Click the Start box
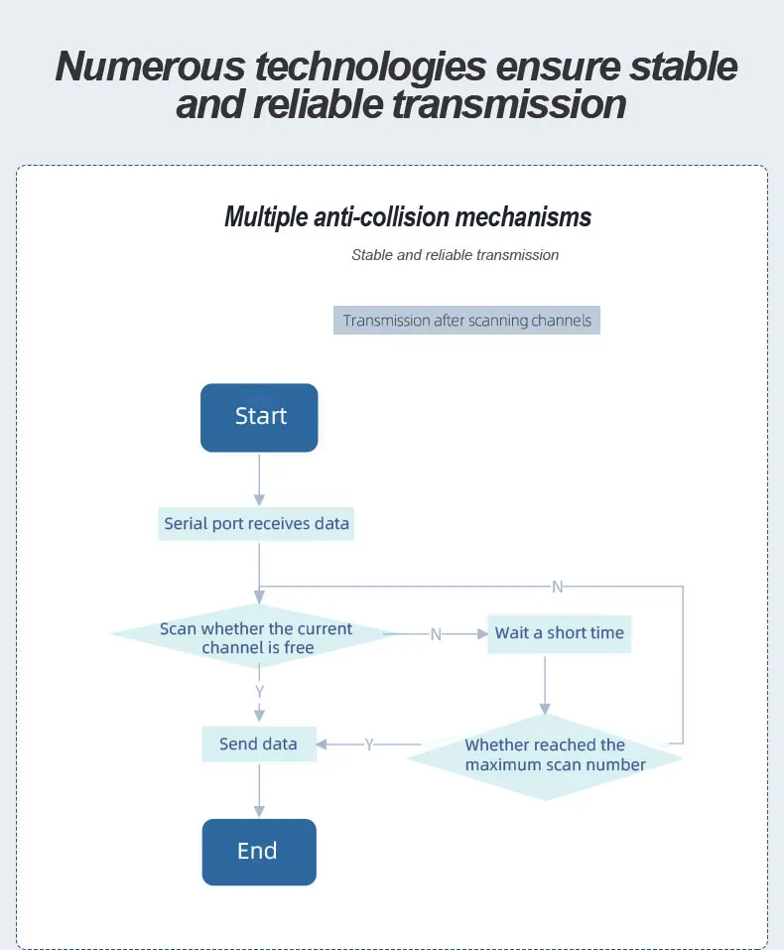click(x=259, y=418)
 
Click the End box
click(x=259, y=852)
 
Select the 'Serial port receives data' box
click(x=256, y=523)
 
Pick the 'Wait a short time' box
click(x=560, y=633)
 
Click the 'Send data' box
click(x=259, y=744)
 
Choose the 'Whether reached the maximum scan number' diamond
click(x=545, y=757)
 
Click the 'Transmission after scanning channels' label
click(x=466, y=320)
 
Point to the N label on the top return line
click(x=558, y=587)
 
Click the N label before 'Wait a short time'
click(x=436, y=634)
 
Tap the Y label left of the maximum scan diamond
click(x=369, y=744)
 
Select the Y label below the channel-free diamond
click(x=259, y=691)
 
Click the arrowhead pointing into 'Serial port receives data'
click(x=259, y=500)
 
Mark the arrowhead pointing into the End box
click(x=259, y=811)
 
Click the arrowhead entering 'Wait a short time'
click(x=482, y=633)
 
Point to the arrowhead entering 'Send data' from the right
click(x=322, y=744)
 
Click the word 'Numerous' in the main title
click(x=150, y=67)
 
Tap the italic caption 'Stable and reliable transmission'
click(x=455, y=255)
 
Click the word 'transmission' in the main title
click(x=509, y=104)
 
